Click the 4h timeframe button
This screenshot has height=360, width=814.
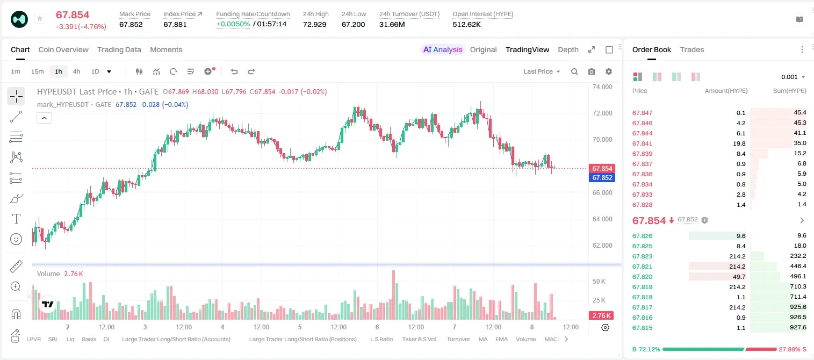pyautogui.click(x=76, y=71)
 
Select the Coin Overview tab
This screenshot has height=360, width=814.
pyautogui.click(x=63, y=49)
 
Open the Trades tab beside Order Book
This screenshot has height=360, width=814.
pyautogui.click(x=692, y=49)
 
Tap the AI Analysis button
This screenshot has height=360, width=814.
pyautogui.click(x=443, y=49)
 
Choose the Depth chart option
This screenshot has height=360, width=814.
pyautogui.click(x=568, y=49)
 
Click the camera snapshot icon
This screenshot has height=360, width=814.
pyautogui.click(x=592, y=71)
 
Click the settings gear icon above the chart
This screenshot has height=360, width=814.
pyautogui.click(x=609, y=71)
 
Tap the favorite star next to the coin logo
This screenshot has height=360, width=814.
pyautogui.click(x=40, y=18)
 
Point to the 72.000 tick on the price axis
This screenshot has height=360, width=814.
pyautogui.click(x=602, y=113)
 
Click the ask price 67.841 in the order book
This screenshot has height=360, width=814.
pyautogui.click(x=642, y=143)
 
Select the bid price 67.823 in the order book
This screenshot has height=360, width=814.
pyautogui.click(x=642, y=256)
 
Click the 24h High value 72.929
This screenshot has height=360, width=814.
pyautogui.click(x=315, y=24)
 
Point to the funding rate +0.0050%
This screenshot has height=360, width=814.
pyautogui.click(x=233, y=24)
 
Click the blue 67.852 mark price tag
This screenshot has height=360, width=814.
pyautogui.click(x=602, y=178)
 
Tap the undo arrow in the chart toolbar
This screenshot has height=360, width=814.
pyautogui.click(x=234, y=71)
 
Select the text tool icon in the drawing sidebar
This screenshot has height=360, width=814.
pyautogui.click(x=16, y=219)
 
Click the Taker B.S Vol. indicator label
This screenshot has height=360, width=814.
pyautogui.click(x=419, y=339)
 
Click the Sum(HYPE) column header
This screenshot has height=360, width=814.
pyautogui.click(x=789, y=91)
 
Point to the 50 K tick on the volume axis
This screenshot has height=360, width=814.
pyautogui.click(x=599, y=281)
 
